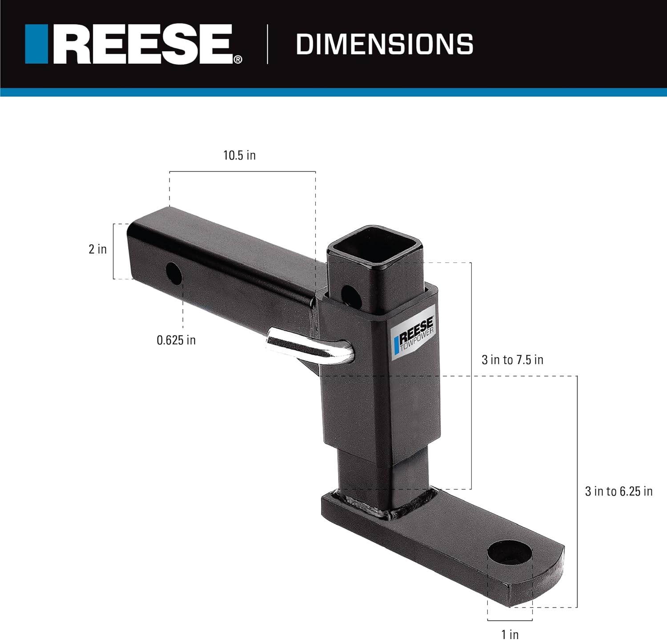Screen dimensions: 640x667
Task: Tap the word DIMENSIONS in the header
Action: coord(385,44)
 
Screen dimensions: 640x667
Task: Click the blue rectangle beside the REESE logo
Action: coord(36,44)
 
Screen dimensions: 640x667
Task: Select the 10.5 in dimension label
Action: coord(239,155)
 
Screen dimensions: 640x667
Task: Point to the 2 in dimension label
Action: coord(98,249)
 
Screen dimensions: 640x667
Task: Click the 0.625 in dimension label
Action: coord(176,340)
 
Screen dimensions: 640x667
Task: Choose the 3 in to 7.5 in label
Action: coord(512,360)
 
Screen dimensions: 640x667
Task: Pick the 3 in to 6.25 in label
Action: coord(619,491)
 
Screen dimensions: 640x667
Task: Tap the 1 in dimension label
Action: coord(510,634)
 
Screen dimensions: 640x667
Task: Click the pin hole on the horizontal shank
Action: coord(174,274)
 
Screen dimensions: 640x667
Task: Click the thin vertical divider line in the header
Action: coord(267,44)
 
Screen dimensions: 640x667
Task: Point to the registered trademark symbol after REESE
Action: coord(238,60)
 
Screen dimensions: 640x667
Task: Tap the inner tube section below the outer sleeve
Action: coord(365,471)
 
